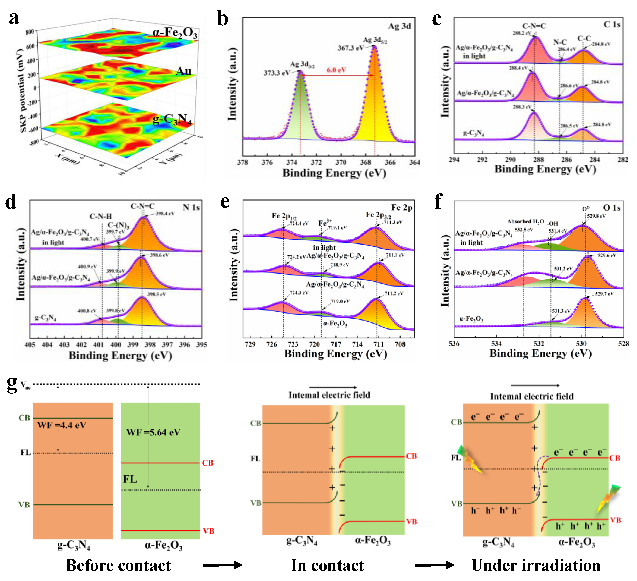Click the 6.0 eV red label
tap(336, 70)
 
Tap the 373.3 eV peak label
tap(277, 73)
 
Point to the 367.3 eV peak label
tap(350, 48)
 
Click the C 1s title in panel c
tap(612, 25)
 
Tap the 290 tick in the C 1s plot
tap(510, 160)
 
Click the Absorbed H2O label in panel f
tap(526, 221)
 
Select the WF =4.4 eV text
tap(62, 425)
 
